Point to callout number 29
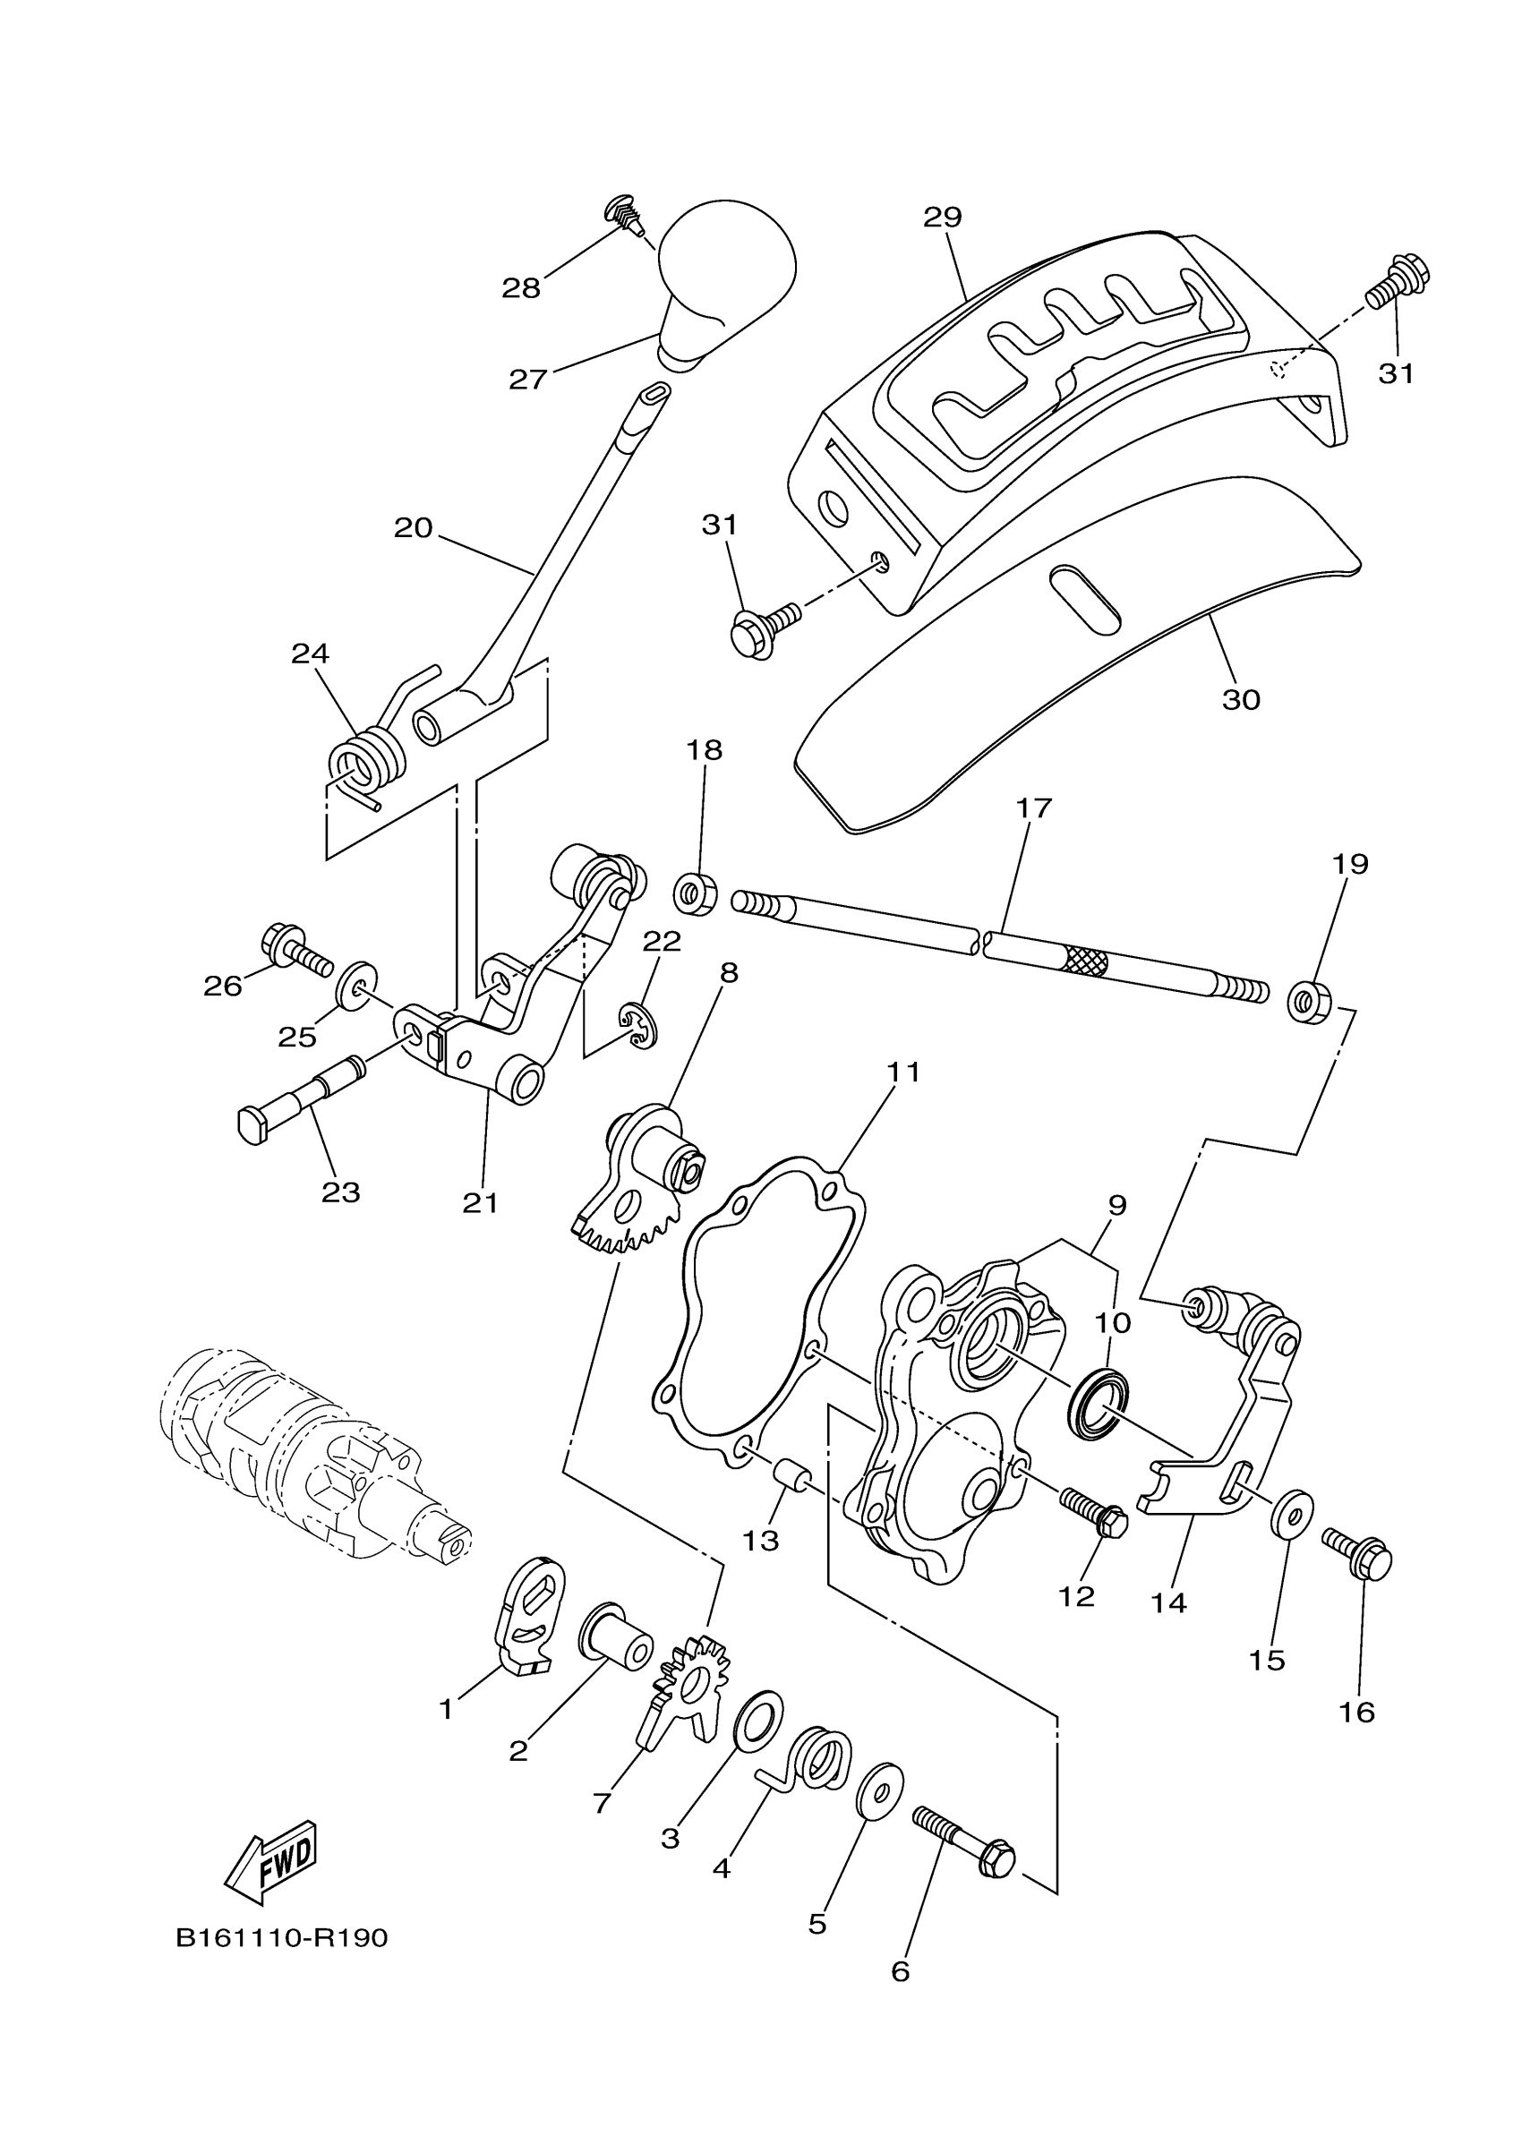coord(943,218)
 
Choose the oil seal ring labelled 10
coord(1099,1404)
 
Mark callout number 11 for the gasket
coord(904,1071)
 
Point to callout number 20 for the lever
coord(413,528)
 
